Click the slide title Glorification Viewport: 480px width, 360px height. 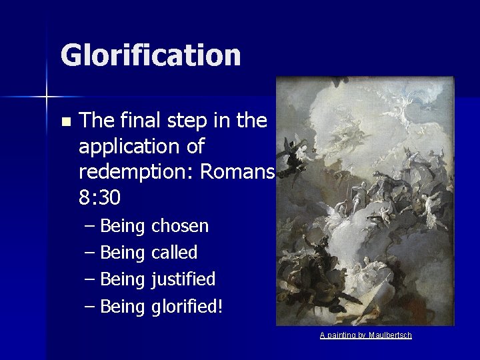click(x=150, y=55)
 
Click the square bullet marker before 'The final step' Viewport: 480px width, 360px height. click(x=65, y=122)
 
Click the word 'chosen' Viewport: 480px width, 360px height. click(x=180, y=226)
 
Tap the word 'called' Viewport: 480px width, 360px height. click(x=175, y=253)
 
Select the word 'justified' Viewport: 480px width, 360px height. click(x=183, y=279)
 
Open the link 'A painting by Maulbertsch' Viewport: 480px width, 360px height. click(x=365, y=335)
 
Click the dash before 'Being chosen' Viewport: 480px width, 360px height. click(x=91, y=227)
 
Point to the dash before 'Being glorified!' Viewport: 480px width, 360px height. click(x=91, y=307)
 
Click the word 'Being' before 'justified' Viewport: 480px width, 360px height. click(x=124, y=279)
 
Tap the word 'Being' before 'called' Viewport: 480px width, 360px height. click(x=124, y=253)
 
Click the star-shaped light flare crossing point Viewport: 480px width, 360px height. click(x=47, y=97)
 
